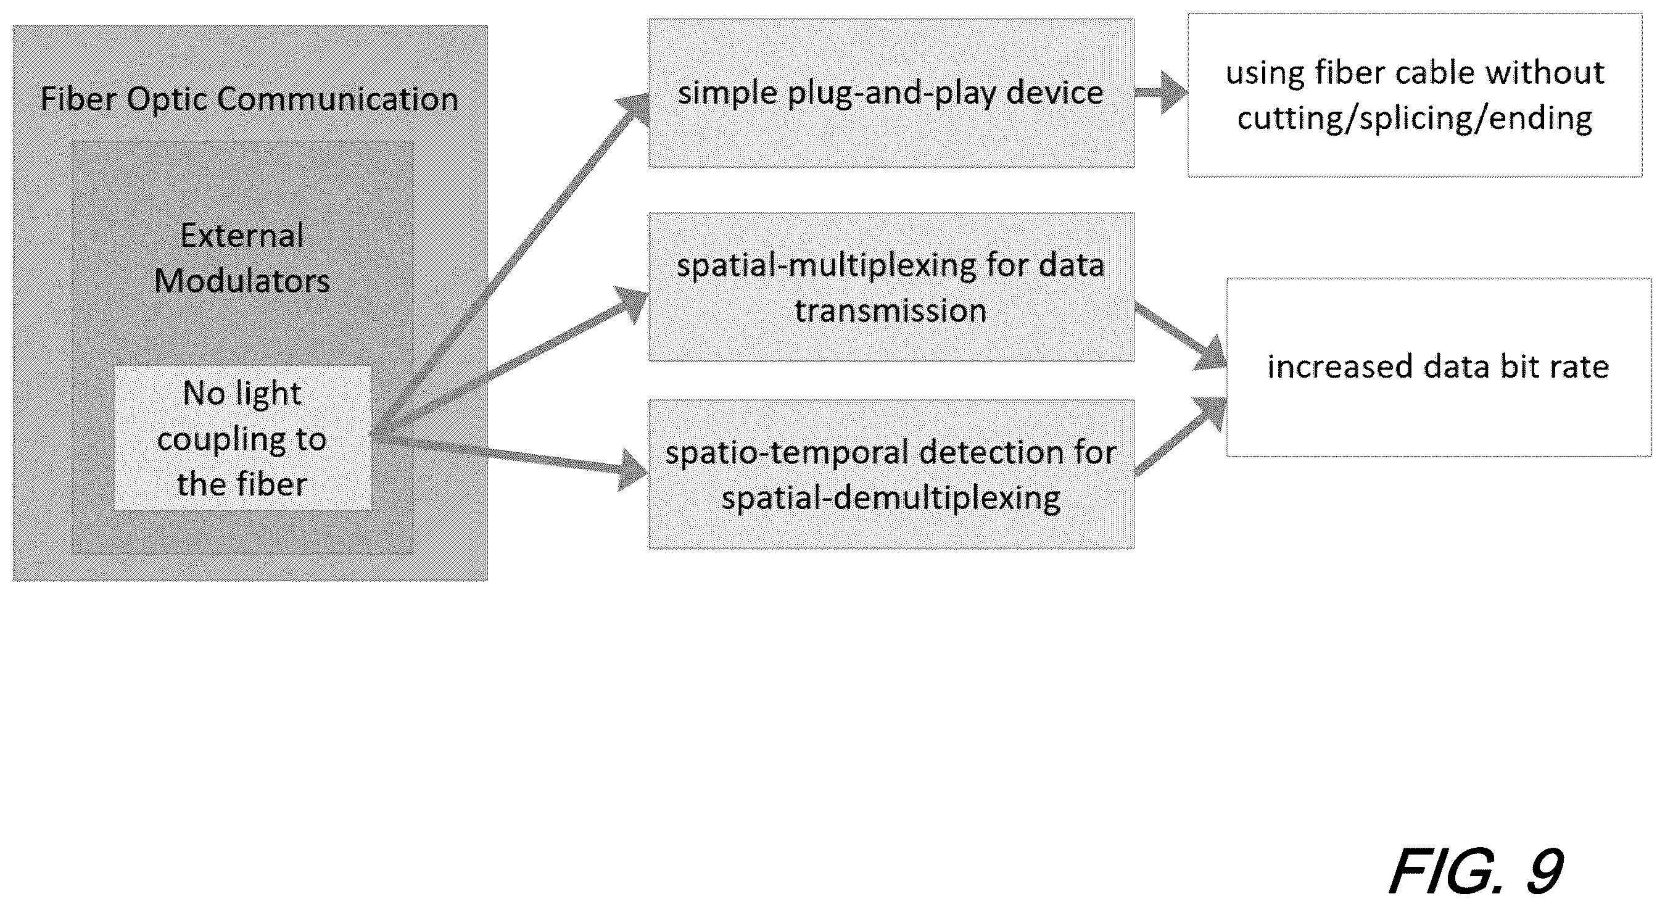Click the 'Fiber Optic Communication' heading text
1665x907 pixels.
[x=249, y=99]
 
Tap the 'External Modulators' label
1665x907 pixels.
[x=242, y=258]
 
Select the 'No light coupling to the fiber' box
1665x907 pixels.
[x=242, y=438]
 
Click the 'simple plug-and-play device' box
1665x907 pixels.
[x=891, y=93]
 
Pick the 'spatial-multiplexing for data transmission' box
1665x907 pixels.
[x=891, y=287]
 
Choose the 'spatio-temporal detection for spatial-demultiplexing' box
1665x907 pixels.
[x=891, y=474]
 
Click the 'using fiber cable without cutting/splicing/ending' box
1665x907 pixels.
[x=1415, y=95]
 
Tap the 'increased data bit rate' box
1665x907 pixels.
[x=1439, y=367]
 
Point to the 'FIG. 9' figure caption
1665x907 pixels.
[x=1476, y=871]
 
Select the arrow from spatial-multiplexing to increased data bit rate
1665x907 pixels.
[x=1181, y=336]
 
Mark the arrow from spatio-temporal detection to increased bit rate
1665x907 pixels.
[x=1181, y=436]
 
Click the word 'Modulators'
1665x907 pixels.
[x=242, y=281]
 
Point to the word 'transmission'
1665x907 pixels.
[x=891, y=311]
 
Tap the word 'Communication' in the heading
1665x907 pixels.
[x=338, y=99]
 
